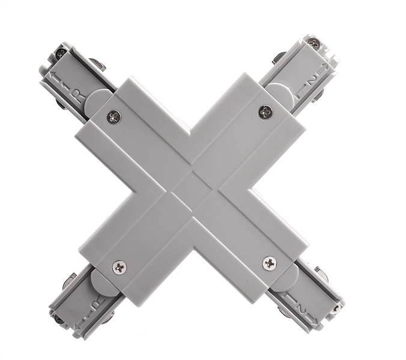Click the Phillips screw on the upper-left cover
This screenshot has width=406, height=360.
114,117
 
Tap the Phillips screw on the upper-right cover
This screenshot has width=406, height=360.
265,111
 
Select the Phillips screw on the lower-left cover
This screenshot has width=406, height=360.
120,267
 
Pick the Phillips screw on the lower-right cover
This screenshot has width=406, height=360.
270,262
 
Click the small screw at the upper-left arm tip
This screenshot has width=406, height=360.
61,53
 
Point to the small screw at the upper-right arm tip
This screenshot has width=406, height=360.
314,43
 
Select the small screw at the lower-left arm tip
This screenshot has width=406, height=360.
59,319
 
